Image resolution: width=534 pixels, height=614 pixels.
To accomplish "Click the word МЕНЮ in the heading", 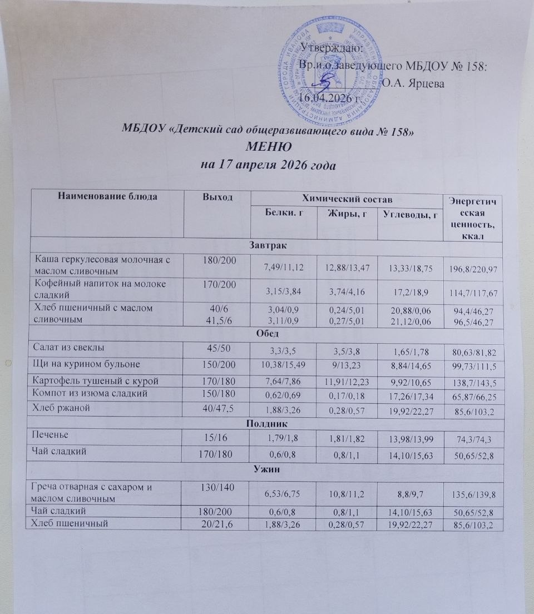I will pos(269,148).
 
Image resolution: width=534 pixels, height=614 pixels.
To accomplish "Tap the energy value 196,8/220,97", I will pos(476,269).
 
